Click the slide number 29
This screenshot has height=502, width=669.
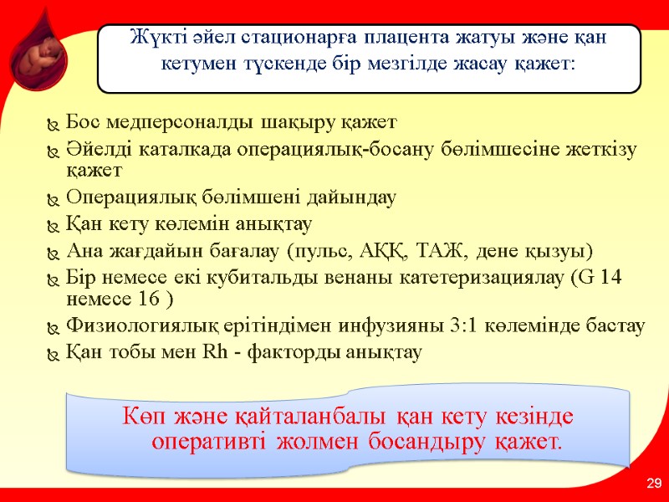(653, 484)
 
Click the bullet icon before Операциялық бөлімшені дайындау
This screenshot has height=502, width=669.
(54, 199)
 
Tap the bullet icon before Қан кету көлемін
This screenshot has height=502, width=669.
(54, 226)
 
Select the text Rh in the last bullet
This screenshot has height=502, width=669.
(214, 352)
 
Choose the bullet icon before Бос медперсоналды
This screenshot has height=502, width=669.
(54, 124)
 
